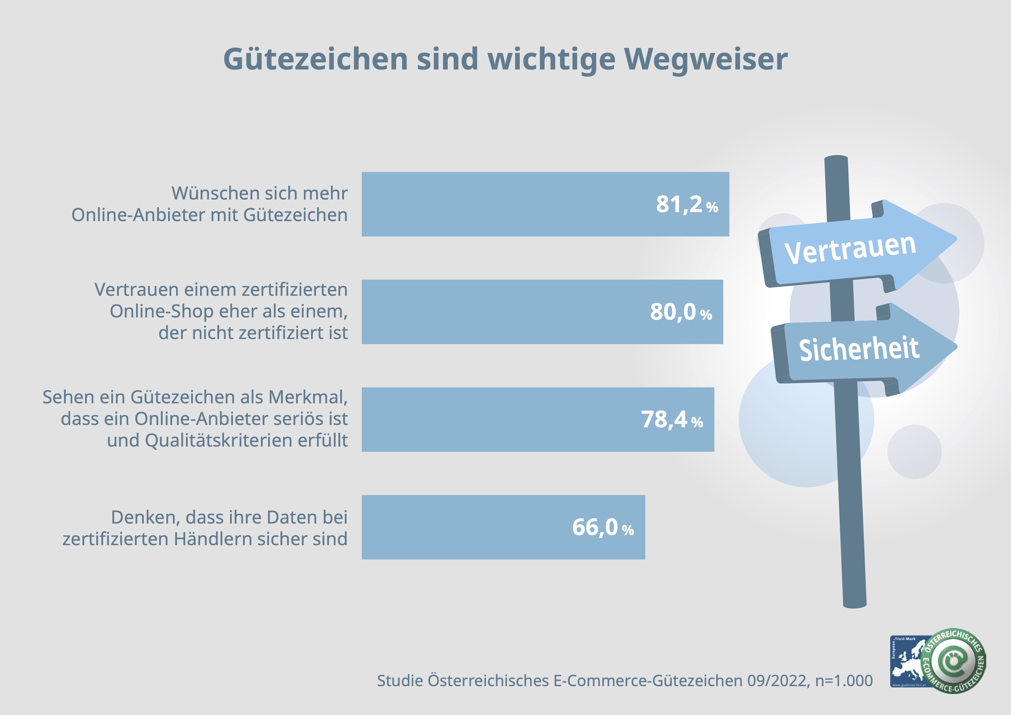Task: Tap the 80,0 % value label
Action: [x=681, y=312]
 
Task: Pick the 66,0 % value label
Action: [x=603, y=527]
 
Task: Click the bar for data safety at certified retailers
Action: [x=462, y=527]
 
